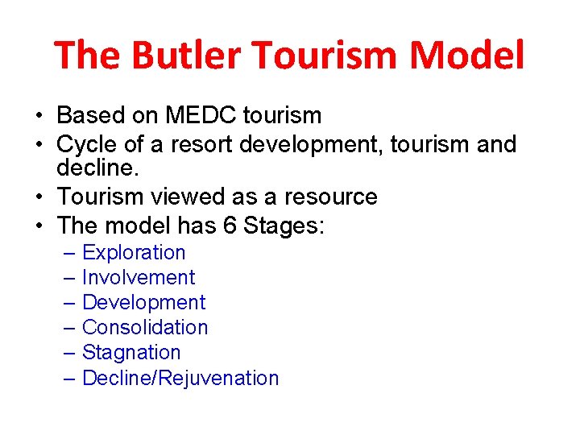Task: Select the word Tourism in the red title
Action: [x=325, y=56]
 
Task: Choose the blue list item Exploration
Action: [x=134, y=253]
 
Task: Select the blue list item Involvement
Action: [x=138, y=278]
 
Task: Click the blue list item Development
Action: [x=143, y=303]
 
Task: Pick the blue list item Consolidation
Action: [x=145, y=328]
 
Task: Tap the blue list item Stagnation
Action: [x=131, y=353]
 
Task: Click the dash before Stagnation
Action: [x=70, y=353]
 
